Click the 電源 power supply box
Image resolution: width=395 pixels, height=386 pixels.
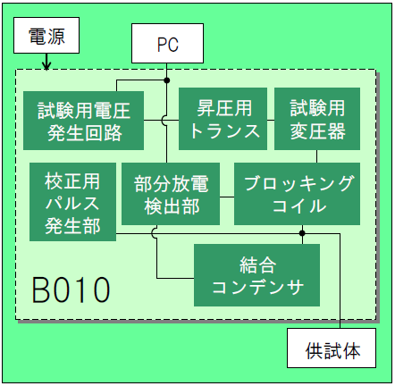tap(46, 36)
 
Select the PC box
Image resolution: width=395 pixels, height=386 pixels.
tap(167, 44)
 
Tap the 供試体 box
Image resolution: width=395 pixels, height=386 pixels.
tap(332, 348)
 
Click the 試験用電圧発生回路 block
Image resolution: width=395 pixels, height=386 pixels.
tap(83, 121)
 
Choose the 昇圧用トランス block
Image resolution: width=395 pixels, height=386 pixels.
tap(223, 119)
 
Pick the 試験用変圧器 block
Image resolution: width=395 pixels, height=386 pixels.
tap(317, 119)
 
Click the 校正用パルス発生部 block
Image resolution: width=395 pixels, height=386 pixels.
tap(72, 202)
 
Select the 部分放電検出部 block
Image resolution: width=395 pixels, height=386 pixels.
tap(171, 194)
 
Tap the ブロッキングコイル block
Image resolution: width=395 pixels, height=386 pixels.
tap(297, 194)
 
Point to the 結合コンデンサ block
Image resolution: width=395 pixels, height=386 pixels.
tap(256, 275)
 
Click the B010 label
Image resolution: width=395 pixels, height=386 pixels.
tap(71, 290)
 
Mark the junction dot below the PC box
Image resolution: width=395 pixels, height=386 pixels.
tap(167, 80)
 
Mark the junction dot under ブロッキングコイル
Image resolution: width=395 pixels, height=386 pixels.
tap(302, 233)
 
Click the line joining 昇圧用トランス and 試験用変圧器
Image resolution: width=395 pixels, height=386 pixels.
tap(271, 121)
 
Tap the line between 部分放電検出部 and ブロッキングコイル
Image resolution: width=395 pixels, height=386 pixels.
tap(227, 197)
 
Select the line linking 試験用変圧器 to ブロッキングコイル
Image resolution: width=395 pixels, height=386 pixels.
tap(316, 156)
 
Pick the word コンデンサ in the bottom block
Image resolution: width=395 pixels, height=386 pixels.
tap(258, 287)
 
